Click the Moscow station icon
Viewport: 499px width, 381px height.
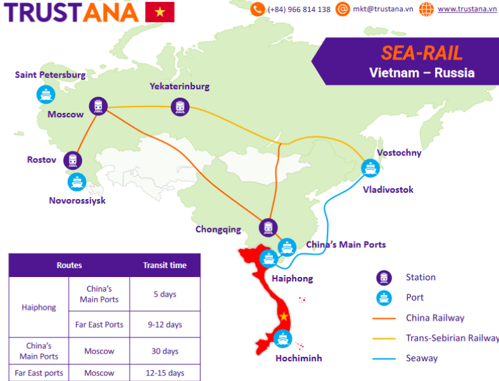pyautogui.click(x=98, y=107)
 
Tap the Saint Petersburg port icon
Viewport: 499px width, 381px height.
pyautogui.click(x=46, y=95)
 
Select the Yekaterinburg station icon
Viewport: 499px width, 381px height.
pyautogui.click(x=180, y=107)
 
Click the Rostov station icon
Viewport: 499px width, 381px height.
pyautogui.click(x=73, y=160)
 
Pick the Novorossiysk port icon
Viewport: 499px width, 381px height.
pyautogui.click(x=77, y=182)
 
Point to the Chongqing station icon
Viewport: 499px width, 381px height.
pyautogui.click(x=268, y=228)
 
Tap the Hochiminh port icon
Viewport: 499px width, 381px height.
pyautogui.click(x=284, y=339)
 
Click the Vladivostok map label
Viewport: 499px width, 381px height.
pyautogui.click(x=388, y=190)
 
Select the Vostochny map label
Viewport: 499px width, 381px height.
pyautogui.click(x=398, y=153)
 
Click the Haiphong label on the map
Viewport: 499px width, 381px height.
pyautogui.click(x=292, y=278)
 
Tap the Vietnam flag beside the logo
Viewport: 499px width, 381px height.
pyautogui.click(x=160, y=12)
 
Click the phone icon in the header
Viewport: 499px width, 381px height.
pyautogui.click(x=258, y=10)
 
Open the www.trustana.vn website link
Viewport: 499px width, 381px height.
pyautogui.click(x=467, y=10)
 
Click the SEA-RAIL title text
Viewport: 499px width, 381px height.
pyautogui.click(x=422, y=53)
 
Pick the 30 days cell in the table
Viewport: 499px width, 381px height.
pyautogui.click(x=165, y=351)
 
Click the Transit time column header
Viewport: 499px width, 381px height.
pyautogui.click(x=165, y=266)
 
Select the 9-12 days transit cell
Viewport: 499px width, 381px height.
pyautogui.click(x=165, y=325)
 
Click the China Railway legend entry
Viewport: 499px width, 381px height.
pyautogui.click(x=435, y=318)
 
